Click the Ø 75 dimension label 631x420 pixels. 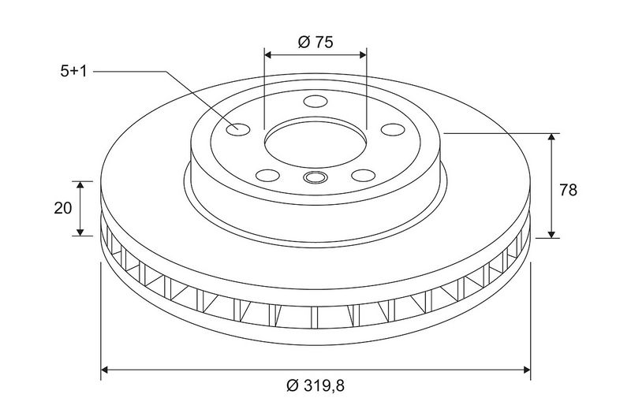point(315,42)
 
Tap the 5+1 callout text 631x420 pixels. point(73,72)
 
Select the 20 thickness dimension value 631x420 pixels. point(63,208)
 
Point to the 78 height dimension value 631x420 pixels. point(568,190)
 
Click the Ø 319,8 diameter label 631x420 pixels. point(315,386)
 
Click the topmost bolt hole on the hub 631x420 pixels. point(315,101)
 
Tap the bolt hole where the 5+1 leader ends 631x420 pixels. point(238,129)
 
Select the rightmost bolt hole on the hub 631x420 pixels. point(392,129)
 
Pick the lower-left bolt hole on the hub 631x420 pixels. point(267,175)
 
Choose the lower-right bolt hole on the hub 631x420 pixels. point(363,175)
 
